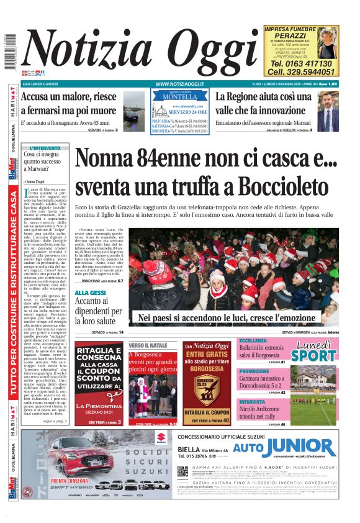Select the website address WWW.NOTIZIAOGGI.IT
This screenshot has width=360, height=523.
(180, 83)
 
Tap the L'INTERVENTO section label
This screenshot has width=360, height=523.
(45, 148)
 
